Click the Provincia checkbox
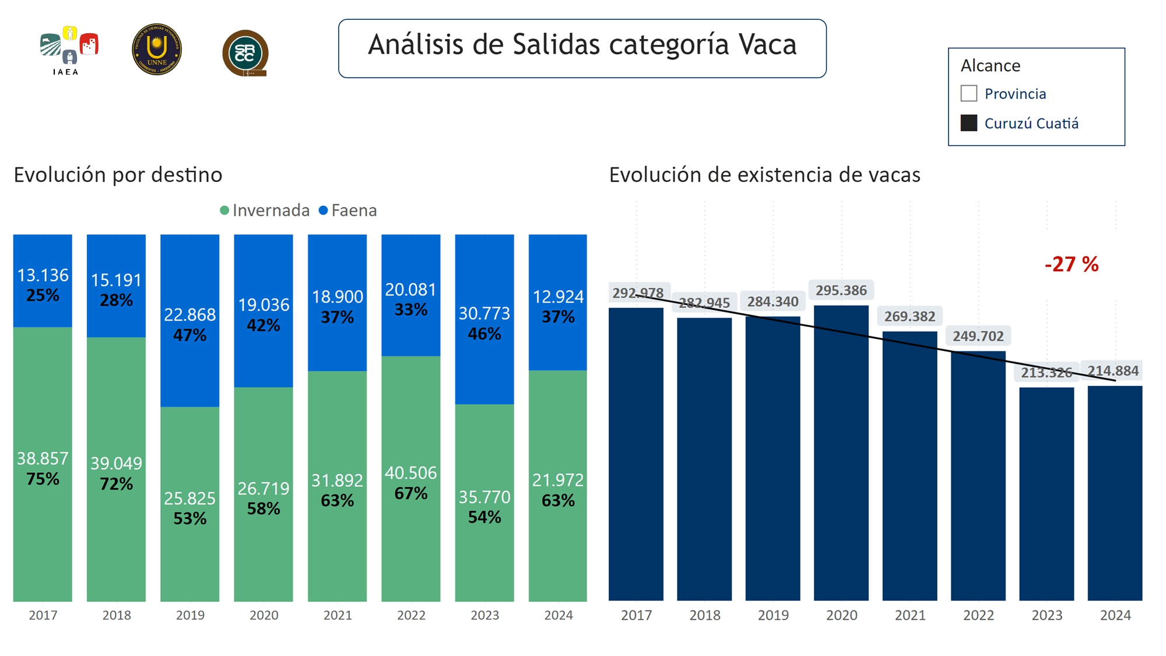coord(968,93)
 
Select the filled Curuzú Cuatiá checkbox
coord(968,123)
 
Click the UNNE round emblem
coord(157,50)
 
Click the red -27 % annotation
coord(1072,264)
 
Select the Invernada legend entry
coord(265,211)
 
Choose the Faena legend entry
coord(348,211)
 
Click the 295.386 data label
coord(841,290)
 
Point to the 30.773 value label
coord(484,314)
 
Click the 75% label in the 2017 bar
coord(43,479)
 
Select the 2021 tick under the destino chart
coord(338,615)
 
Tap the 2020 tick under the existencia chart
coord(841,615)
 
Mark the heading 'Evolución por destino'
coord(118,175)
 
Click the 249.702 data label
coord(978,336)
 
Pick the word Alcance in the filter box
coord(990,65)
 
